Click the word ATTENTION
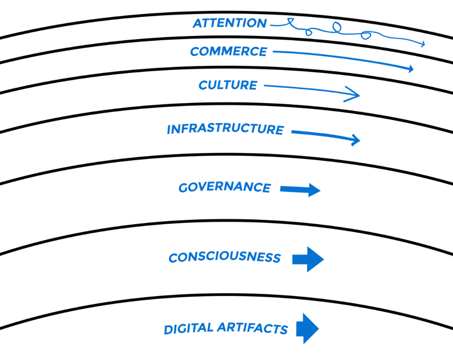[x=230, y=23]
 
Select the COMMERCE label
[x=228, y=52]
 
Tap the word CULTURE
[x=227, y=85]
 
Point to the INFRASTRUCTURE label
[x=225, y=129]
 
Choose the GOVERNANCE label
[x=224, y=187]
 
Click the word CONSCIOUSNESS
[x=224, y=257]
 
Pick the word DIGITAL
[x=188, y=329]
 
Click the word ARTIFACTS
[x=253, y=329]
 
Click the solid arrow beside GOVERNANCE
[x=300, y=190]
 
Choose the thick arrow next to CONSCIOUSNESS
[x=308, y=259]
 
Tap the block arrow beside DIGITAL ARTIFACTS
[x=307, y=328]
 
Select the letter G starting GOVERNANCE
[x=183, y=188]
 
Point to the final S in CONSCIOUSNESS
[x=276, y=258]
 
